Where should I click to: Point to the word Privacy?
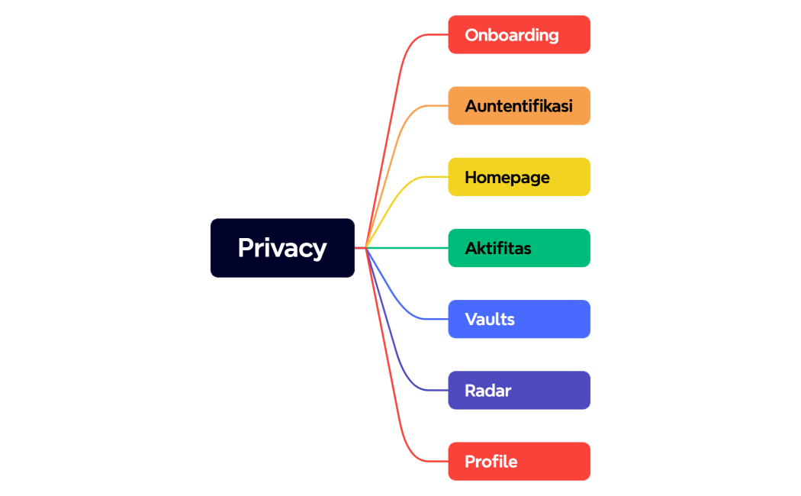[x=282, y=248]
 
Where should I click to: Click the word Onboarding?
[x=511, y=35]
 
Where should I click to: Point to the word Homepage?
[x=507, y=177]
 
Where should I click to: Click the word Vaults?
[x=490, y=319]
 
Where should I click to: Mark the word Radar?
[x=487, y=390]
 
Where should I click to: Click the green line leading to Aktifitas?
[x=412, y=248]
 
